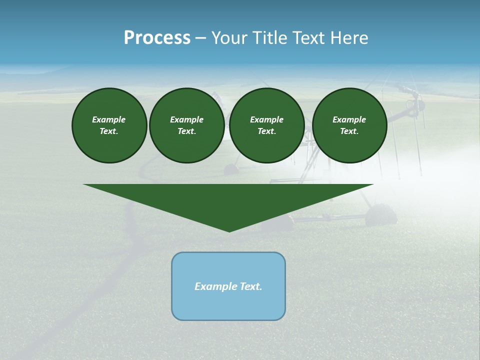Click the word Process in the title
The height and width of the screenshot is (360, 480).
(157, 38)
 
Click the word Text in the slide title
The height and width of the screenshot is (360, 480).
(310, 38)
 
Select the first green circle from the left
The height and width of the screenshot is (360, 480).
(109, 125)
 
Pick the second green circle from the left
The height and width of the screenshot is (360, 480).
(187, 125)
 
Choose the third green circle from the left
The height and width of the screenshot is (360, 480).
(267, 125)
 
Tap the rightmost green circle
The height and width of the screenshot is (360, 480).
(349, 125)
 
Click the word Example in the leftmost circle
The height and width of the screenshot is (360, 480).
(109, 119)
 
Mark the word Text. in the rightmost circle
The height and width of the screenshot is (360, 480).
(349, 131)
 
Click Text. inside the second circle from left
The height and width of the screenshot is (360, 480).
(187, 131)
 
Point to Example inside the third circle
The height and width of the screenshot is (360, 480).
(267, 119)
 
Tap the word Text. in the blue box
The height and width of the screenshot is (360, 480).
(251, 286)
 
